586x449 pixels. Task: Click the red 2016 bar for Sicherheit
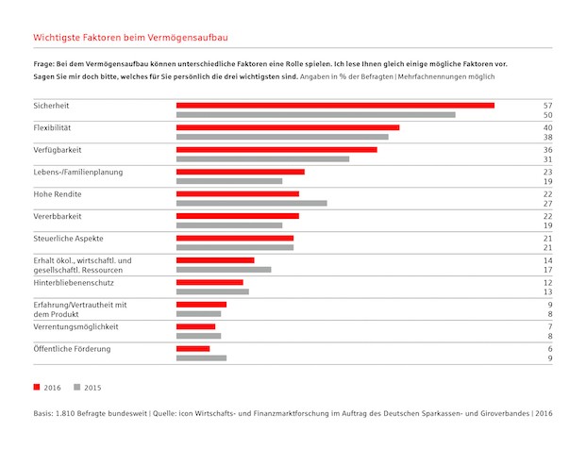tap(335, 105)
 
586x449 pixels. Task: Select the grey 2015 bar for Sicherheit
tap(315, 115)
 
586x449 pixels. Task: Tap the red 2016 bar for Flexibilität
tap(288, 126)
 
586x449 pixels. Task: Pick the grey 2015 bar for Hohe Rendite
tap(251, 203)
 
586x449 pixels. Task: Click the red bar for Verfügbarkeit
tap(276, 149)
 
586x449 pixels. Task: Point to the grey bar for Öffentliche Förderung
tap(201, 358)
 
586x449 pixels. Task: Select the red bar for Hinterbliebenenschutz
tap(209, 282)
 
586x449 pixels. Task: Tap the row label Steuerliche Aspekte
tap(69, 239)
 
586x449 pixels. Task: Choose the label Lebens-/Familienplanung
tap(78, 172)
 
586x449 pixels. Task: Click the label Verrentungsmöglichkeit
tap(76, 325)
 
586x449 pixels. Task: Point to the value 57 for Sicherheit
tap(546, 105)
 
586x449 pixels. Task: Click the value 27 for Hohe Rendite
tap(546, 203)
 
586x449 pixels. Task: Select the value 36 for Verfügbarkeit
tap(546, 149)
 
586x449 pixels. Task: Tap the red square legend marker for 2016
tap(37, 388)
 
